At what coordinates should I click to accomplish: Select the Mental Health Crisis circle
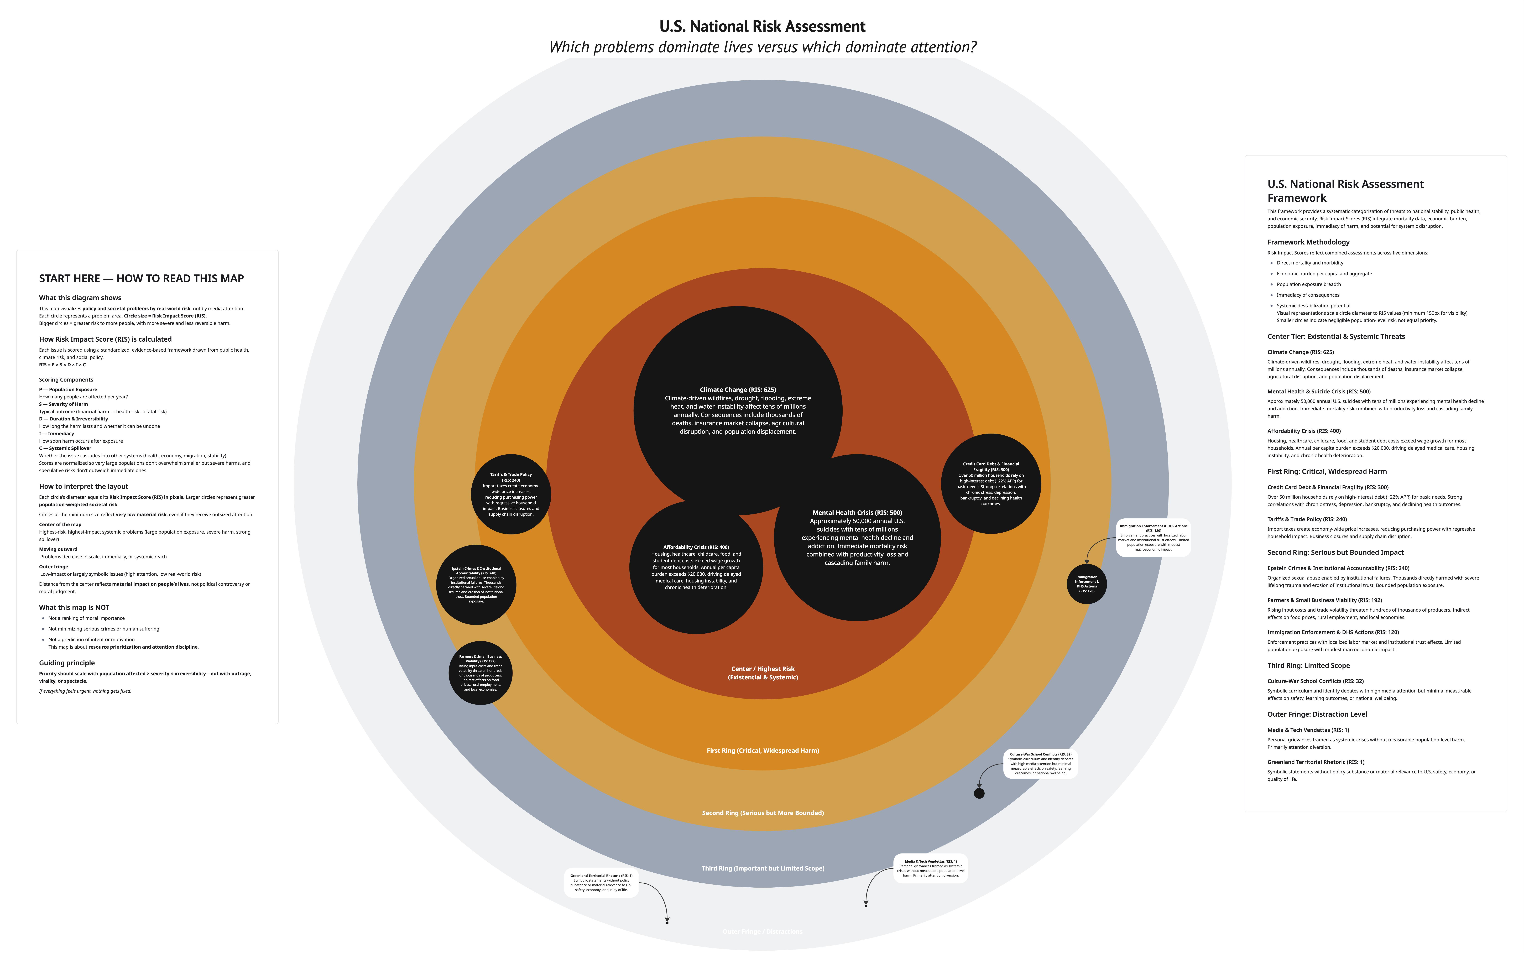tap(857, 538)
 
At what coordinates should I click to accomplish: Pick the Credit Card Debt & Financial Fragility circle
tap(991, 483)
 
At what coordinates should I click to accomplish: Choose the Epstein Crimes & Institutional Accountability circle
tap(476, 585)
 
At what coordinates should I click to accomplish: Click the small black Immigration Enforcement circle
tap(1087, 584)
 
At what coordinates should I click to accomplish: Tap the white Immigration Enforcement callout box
tap(1153, 538)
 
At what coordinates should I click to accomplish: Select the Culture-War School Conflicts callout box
tap(1041, 763)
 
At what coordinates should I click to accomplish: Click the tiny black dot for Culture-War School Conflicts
tap(979, 794)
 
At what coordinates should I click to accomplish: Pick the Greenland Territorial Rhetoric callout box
tap(601, 882)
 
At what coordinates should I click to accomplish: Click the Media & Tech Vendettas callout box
tap(930, 868)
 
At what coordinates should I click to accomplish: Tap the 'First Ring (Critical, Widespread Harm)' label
tap(763, 751)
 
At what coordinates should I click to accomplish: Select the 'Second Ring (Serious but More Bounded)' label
tap(763, 813)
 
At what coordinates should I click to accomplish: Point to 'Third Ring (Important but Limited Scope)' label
tap(763, 868)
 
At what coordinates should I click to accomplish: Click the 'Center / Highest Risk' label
tap(763, 673)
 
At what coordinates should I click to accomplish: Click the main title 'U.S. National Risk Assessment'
tap(762, 27)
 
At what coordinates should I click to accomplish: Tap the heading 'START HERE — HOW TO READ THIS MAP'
tap(141, 279)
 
